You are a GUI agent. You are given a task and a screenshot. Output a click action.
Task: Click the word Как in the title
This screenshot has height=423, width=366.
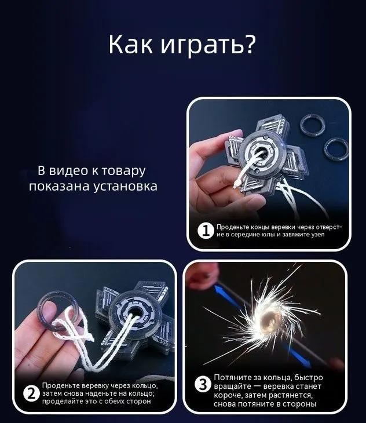pyautogui.click(x=130, y=45)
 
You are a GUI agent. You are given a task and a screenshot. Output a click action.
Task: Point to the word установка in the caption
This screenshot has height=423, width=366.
pyautogui.click(x=125, y=187)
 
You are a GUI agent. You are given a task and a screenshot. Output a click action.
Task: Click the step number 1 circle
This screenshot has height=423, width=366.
pyautogui.click(x=206, y=231)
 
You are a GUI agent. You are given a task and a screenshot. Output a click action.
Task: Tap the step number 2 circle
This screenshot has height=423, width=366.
pyautogui.click(x=31, y=394)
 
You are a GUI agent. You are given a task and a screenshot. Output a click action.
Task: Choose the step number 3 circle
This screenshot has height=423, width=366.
pyautogui.click(x=203, y=384)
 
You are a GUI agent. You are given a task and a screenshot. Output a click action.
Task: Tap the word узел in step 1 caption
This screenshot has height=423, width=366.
pyautogui.click(x=318, y=234)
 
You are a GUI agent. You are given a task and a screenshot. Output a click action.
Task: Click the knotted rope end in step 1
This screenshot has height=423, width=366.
pyautogui.click(x=237, y=184)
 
